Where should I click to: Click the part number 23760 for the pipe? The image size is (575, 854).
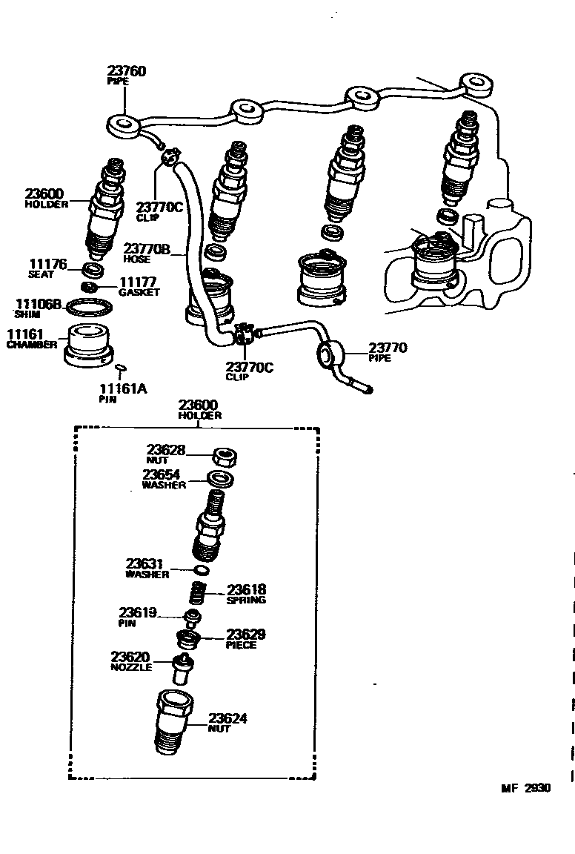tap(127, 71)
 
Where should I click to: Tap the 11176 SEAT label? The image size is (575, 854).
tap(47, 264)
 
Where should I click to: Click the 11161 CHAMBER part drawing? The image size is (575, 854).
tap(89, 344)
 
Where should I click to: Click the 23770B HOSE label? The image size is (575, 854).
tap(147, 249)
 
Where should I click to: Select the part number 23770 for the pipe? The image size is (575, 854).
tap(388, 348)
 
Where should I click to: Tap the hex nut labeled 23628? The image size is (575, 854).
tap(225, 457)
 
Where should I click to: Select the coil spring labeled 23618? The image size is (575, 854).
tap(199, 593)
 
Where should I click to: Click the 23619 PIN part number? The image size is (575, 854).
tap(138, 612)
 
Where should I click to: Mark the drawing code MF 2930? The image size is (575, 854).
tap(525, 810)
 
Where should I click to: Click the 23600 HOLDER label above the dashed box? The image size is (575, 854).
tap(198, 406)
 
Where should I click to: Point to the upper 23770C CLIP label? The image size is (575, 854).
tap(159, 207)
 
